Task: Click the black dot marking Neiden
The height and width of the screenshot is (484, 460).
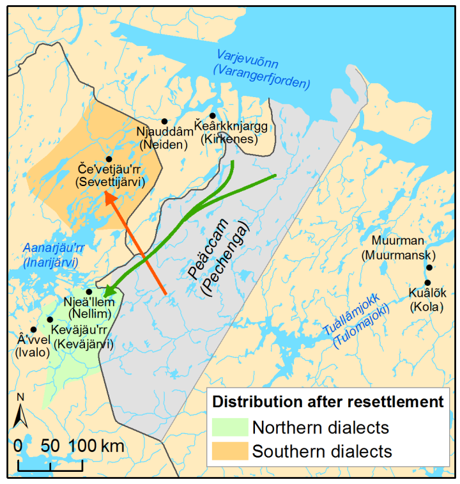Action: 164,121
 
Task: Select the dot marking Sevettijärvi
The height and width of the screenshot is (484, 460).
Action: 109,159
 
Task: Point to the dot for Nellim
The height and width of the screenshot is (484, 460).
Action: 89,292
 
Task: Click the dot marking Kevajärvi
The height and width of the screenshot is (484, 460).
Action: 50,319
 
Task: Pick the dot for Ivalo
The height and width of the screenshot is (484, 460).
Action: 33,329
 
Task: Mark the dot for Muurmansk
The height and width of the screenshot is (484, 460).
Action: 429,268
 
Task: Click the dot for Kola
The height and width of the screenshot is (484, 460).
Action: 427,283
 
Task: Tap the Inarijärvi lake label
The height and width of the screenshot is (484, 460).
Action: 50,255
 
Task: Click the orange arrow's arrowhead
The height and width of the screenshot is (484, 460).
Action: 111,199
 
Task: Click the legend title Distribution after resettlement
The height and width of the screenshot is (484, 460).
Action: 327,402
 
